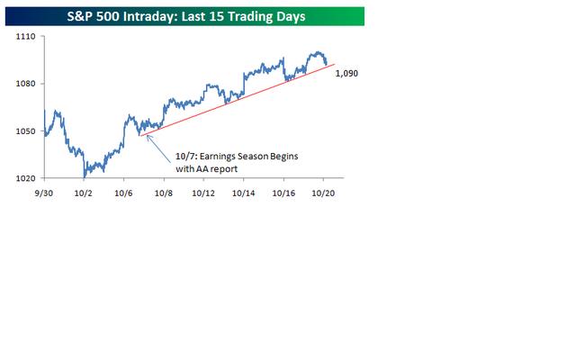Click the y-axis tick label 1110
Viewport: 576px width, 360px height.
pyautogui.click(x=25, y=38)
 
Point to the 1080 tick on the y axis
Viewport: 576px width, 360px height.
pyautogui.click(x=25, y=85)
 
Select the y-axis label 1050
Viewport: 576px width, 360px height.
pyautogui.click(x=25, y=131)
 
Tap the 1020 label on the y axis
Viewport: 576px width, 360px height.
pyautogui.click(x=25, y=178)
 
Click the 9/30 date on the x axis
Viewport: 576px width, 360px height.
pyautogui.click(x=42, y=193)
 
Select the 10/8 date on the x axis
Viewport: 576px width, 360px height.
pyautogui.click(x=164, y=193)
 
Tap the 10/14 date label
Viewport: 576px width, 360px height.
pyautogui.click(x=245, y=193)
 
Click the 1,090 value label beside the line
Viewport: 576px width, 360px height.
pyautogui.click(x=346, y=74)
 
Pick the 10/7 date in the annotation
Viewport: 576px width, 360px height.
pyautogui.click(x=184, y=156)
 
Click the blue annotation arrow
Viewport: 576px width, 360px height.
pyautogui.click(x=158, y=147)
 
